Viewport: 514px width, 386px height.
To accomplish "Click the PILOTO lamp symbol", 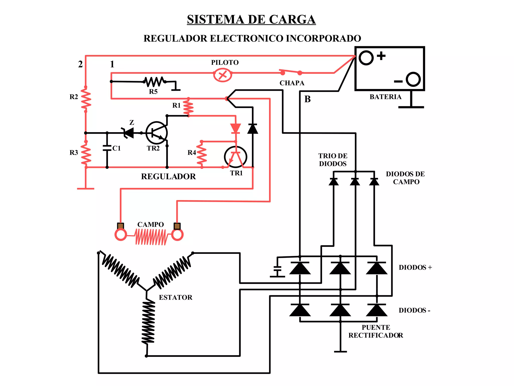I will (223, 75).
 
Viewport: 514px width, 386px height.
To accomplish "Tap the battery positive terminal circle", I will (366, 58).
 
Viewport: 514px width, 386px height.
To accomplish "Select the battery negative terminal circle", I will (413, 79).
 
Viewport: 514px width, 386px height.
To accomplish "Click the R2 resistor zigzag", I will (86, 99).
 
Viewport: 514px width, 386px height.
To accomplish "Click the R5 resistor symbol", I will (154, 82).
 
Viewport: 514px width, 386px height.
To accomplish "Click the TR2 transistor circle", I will (157, 133).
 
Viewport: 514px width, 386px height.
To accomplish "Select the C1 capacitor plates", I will (107, 148).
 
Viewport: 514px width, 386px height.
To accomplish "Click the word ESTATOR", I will (175, 297).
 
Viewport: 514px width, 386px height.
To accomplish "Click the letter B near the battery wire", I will (307, 99).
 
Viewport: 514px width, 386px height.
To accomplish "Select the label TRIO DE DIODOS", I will (333, 160).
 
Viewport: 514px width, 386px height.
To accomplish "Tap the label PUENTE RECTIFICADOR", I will (376, 331).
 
